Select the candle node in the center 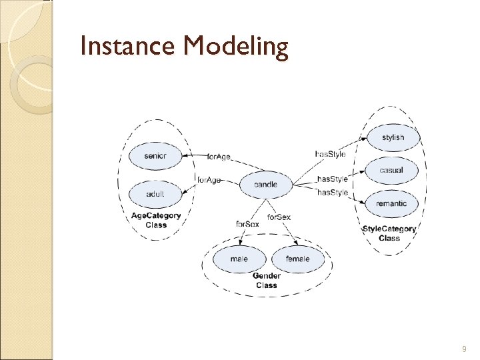pos(265,185)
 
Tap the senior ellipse pos(155,156)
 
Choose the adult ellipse pos(155,194)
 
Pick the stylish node pos(393,137)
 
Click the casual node pos(391,170)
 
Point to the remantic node pos(391,203)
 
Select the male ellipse pos(239,259)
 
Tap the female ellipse pos(297,259)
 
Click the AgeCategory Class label pos(156,220)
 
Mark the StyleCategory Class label pos(389,233)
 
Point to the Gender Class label pos(266,281)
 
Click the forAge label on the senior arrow pos(219,157)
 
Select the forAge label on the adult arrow pos(209,180)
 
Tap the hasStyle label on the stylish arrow pos(330,155)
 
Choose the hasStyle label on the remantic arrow pos(332,193)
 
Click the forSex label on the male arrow pos(247,224)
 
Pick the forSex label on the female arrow pos(279,217)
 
